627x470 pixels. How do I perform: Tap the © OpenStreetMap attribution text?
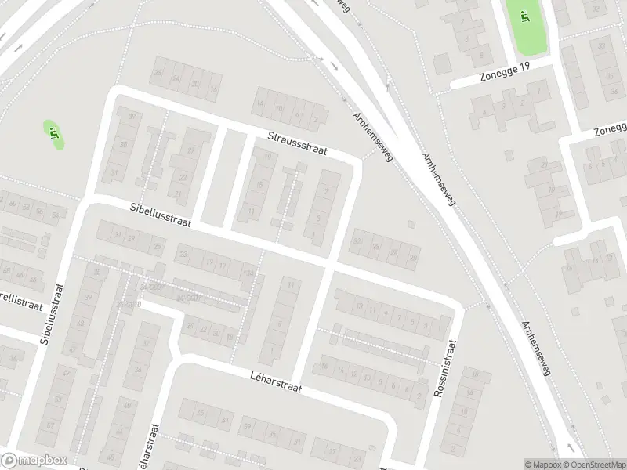click(593, 465)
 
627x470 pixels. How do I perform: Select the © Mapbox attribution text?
click(543, 465)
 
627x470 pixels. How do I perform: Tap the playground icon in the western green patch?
click(53, 133)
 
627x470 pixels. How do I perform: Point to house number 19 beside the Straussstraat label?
click(269, 157)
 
